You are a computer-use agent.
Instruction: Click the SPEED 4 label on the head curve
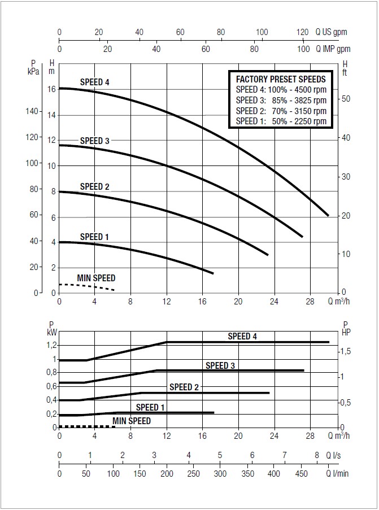tap(94, 82)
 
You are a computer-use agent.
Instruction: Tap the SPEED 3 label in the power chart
tap(220, 365)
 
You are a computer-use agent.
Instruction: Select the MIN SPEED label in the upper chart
tap(96, 278)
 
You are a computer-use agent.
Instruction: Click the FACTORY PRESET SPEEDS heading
tap(281, 79)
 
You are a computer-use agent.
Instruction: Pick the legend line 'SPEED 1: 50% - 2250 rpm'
tap(281, 121)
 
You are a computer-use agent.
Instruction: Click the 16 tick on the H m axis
tap(52, 89)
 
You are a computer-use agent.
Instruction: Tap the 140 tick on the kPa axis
tap(33, 112)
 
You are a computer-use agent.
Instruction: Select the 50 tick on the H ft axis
tap(347, 99)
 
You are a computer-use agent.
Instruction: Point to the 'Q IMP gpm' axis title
tap(332, 49)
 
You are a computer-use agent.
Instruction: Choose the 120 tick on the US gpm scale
tap(303, 32)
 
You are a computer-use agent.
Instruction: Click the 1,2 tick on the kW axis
tap(51, 345)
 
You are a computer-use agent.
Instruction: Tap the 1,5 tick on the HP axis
tap(346, 351)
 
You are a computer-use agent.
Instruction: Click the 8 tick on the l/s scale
tap(317, 455)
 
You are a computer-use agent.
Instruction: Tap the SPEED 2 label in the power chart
tap(185, 387)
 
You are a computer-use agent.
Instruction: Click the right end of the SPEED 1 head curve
tap(212, 273)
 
